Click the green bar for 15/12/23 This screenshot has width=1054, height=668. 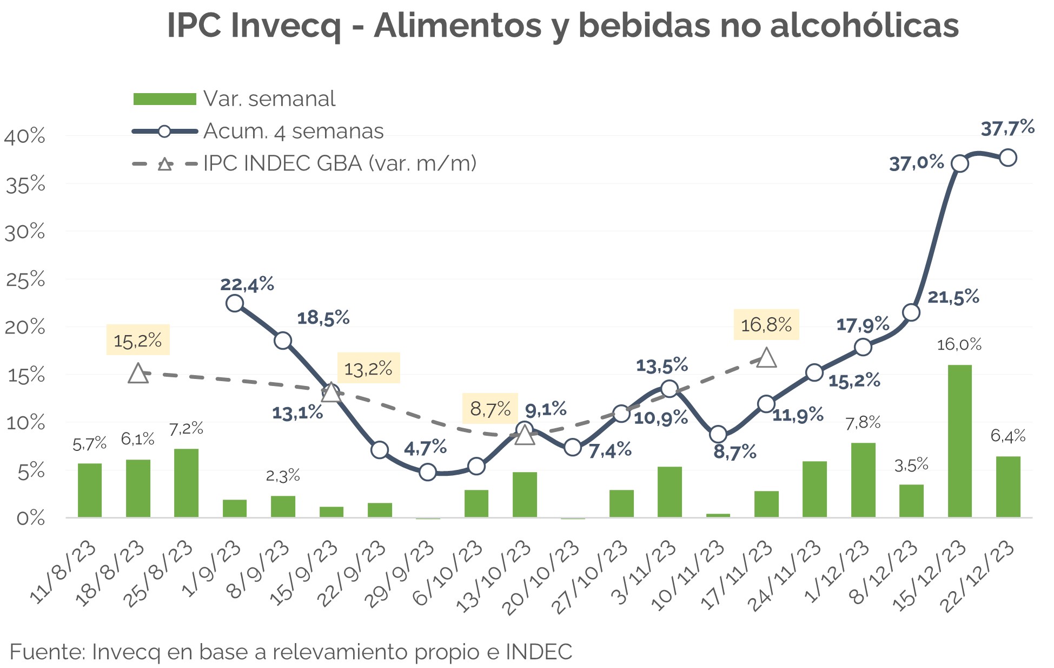(x=959, y=441)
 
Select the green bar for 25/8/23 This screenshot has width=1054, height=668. (x=186, y=483)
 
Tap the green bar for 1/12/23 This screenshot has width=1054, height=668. (x=863, y=480)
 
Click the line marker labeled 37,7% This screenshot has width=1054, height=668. (x=1007, y=158)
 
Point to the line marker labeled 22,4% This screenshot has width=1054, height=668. (x=234, y=303)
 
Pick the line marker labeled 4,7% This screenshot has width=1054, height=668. (x=428, y=472)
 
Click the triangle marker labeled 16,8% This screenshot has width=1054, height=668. (x=766, y=358)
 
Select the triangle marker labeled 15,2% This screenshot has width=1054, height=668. (x=138, y=374)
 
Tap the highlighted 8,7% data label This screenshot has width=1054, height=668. (x=490, y=409)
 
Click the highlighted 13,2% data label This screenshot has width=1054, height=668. (x=368, y=368)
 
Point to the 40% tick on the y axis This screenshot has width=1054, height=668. (x=25, y=136)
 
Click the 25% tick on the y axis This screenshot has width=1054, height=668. (x=25, y=280)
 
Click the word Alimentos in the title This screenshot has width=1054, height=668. (x=458, y=25)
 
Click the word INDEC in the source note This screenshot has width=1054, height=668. (x=539, y=652)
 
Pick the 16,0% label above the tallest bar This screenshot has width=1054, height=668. (x=959, y=345)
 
